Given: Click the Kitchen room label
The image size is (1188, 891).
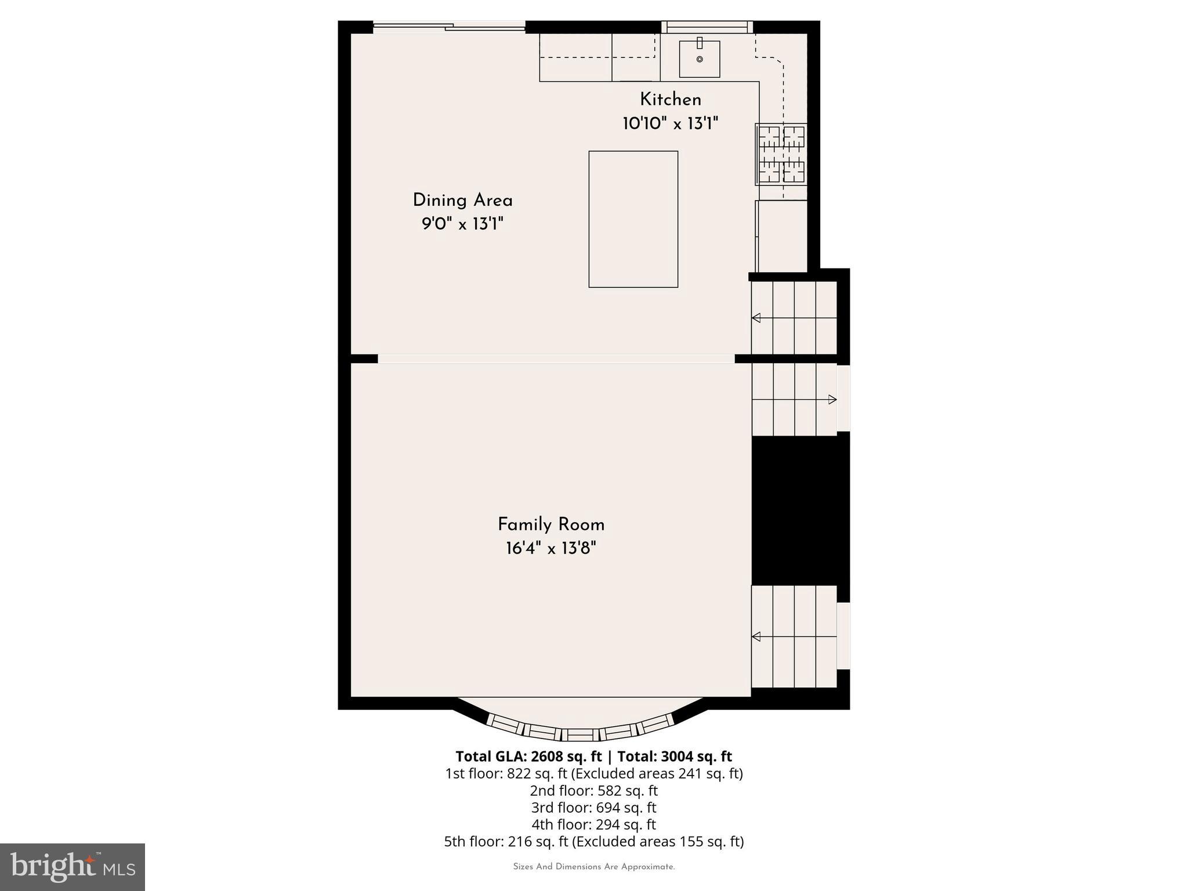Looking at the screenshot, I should point(670,100).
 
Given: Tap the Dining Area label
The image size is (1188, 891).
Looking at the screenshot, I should point(462,201).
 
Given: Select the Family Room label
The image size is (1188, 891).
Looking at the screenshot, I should point(550,525).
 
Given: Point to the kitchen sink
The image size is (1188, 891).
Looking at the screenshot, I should point(700,59).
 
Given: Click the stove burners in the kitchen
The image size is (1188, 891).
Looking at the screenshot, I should point(781,154).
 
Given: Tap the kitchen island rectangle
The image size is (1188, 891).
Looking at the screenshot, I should point(633,219).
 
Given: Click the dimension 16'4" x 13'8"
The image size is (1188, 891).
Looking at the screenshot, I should point(550,548).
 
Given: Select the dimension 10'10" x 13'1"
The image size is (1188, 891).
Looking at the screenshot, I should point(670,124).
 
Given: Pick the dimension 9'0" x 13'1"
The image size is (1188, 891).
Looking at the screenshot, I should point(462,224).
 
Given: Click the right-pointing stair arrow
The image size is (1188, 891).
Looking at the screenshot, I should point(832,399).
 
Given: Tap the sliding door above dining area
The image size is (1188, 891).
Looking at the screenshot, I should point(449,27).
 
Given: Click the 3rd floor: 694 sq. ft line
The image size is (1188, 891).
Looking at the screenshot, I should point(593,807).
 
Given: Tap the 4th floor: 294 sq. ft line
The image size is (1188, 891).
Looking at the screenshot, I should point(593,824).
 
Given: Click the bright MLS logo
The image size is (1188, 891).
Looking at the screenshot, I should point(72,867).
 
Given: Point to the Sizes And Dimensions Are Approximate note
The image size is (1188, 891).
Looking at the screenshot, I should point(593,867).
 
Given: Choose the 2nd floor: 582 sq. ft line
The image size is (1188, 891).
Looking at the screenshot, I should point(593,791).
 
